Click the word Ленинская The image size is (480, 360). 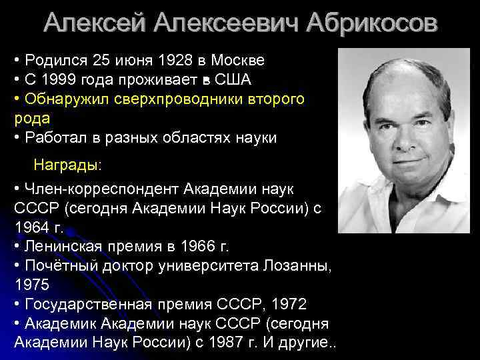click(63, 247)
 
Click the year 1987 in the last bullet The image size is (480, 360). click(227, 342)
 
